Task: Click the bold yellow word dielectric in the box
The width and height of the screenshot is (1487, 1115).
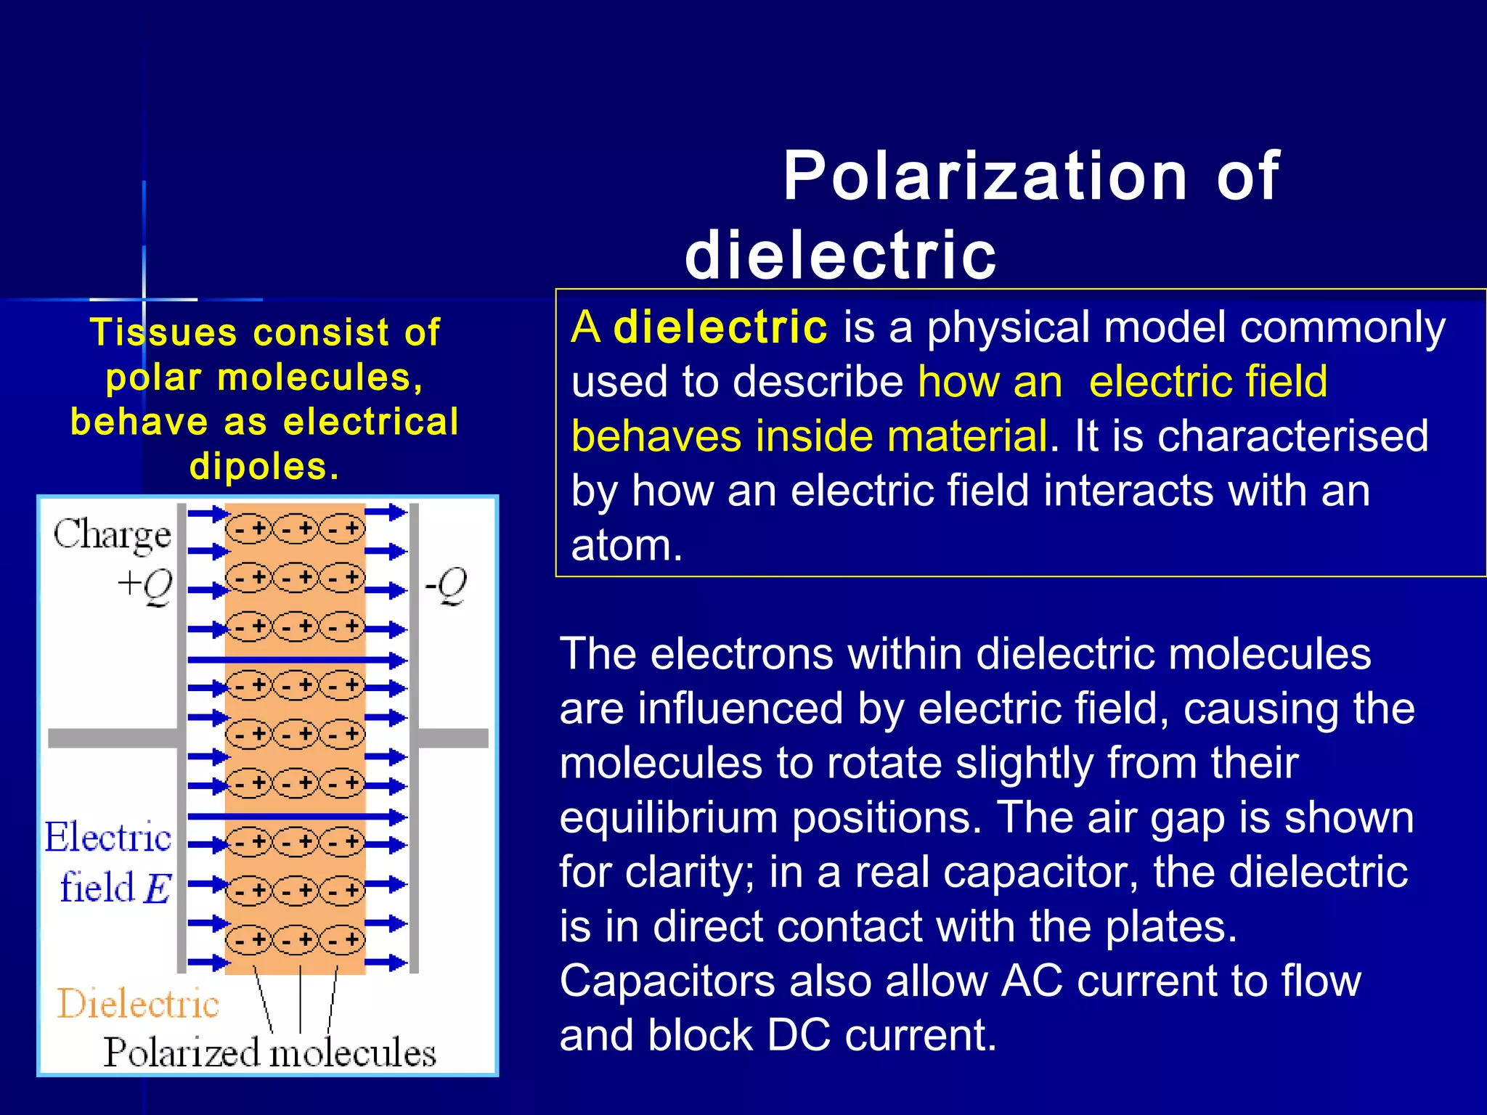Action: pyautogui.click(x=720, y=327)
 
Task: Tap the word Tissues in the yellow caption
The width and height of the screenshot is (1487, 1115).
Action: pyautogui.click(x=163, y=332)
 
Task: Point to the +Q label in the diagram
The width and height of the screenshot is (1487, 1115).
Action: pyautogui.click(x=146, y=585)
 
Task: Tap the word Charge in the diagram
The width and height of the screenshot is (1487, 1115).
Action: pyautogui.click(x=113, y=536)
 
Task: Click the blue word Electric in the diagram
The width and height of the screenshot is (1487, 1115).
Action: pyautogui.click(x=108, y=837)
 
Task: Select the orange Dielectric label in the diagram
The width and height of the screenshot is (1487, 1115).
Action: pyautogui.click(x=138, y=1004)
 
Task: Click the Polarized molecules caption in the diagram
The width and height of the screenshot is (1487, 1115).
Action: pyautogui.click(x=269, y=1053)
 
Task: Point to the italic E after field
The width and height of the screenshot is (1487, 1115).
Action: pyautogui.click(x=158, y=888)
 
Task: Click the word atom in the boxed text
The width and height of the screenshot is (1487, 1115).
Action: pyautogui.click(x=626, y=546)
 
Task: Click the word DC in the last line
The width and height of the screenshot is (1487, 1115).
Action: pyautogui.click(x=799, y=1036)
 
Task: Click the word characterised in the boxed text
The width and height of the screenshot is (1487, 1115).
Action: pyautogui.click(x=1292, y=436)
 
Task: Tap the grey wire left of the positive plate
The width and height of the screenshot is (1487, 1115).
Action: pyautogui.click(x=113, y=738)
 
